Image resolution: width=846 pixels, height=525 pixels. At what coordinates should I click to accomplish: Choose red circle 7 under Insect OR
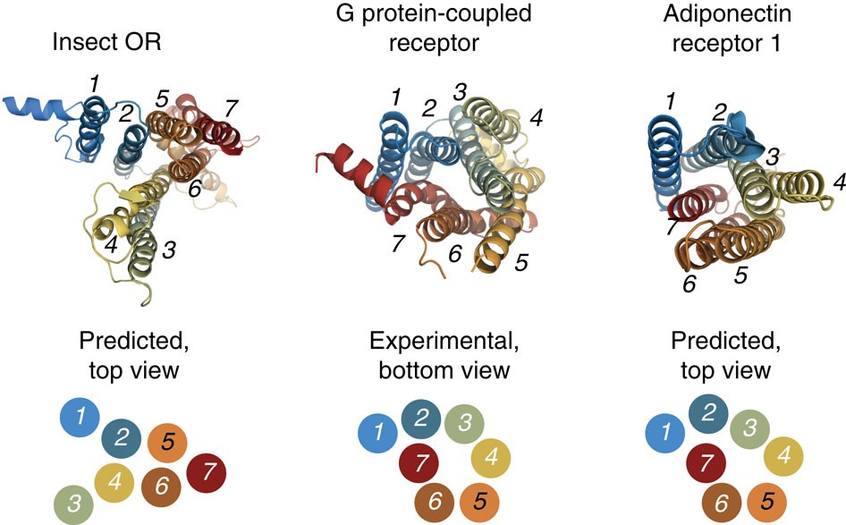207,470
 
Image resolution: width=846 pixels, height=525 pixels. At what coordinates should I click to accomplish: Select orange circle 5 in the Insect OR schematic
167,442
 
